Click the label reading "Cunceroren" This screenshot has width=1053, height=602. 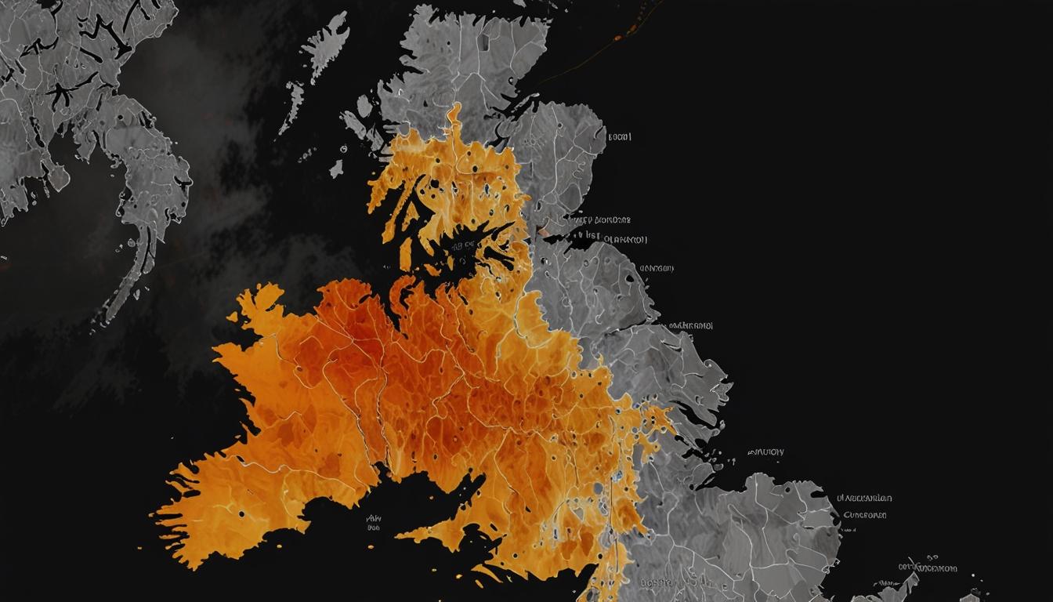pos(865,515)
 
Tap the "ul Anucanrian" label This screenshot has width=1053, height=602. pos(864,498)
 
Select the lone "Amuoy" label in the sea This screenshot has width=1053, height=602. pos(765,452)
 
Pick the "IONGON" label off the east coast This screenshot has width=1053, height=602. pos(657,268)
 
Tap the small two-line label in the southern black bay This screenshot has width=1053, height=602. pos(373,523)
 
